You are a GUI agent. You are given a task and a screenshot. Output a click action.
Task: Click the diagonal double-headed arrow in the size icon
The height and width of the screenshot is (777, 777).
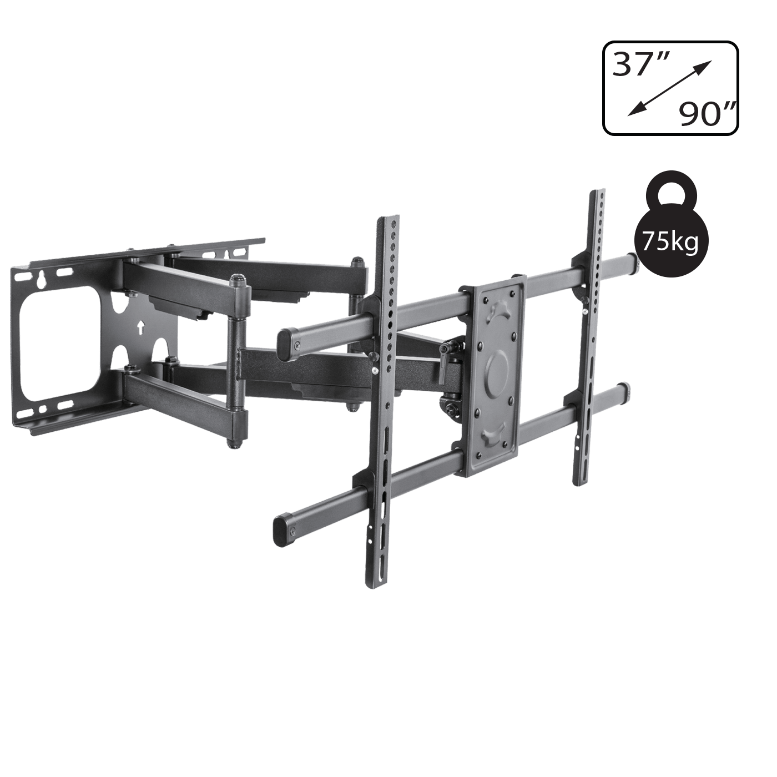[670, 89]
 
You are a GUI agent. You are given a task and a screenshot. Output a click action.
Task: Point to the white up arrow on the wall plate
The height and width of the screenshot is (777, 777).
[140, 327]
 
